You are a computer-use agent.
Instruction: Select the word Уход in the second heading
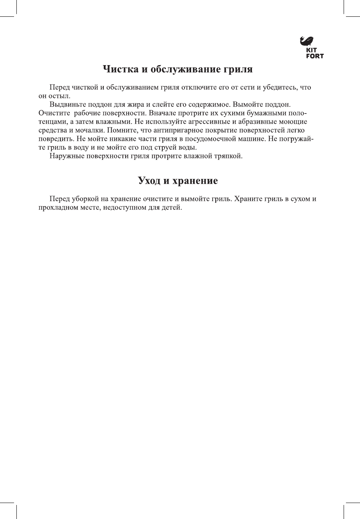click(x=151, y=181)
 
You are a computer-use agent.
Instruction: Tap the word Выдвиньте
click(x=66, y=105)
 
